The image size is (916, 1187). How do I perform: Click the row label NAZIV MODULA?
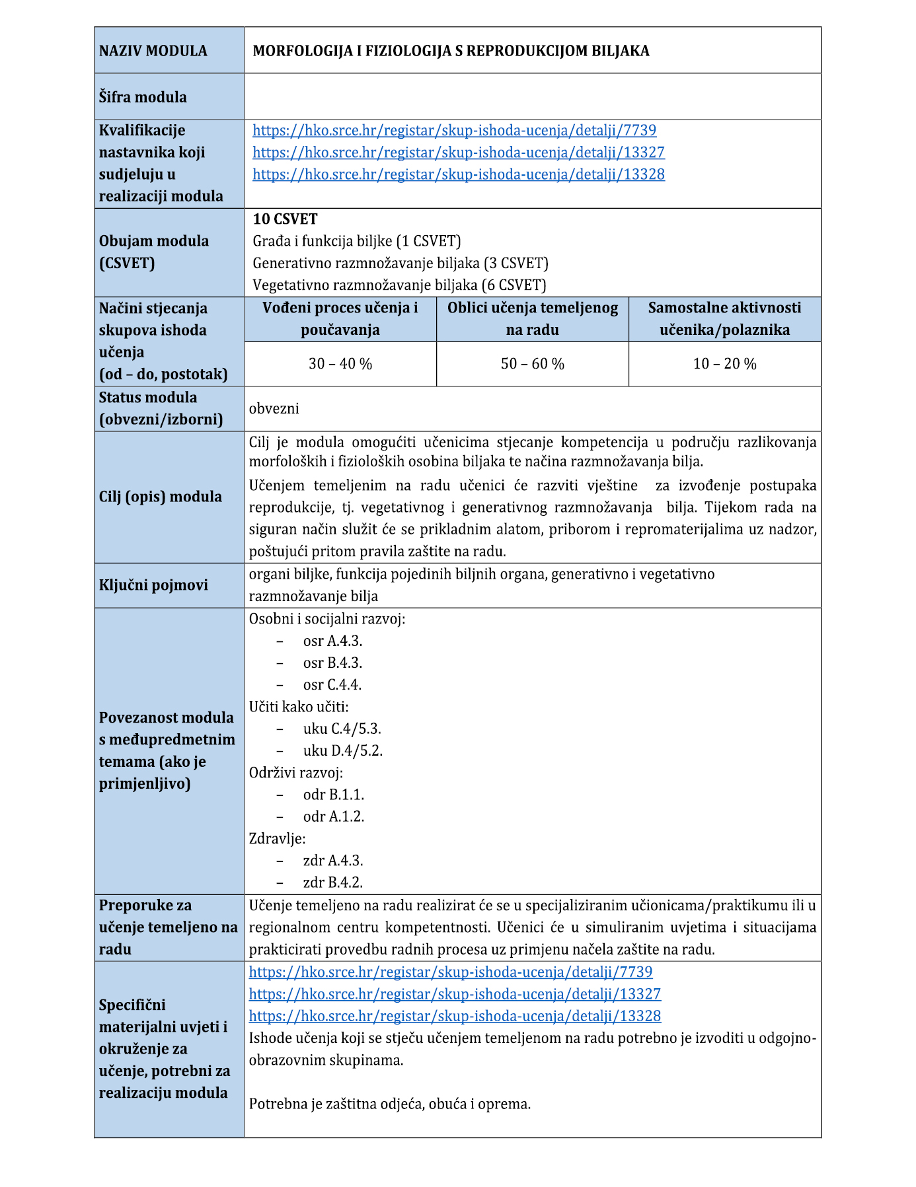point(153,51)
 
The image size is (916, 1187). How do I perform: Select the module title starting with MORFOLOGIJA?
point(451,51)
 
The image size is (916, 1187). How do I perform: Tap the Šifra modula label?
point(143,97)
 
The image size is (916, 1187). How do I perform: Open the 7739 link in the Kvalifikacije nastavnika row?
point(454,130)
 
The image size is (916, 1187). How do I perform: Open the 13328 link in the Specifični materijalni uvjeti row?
point(455,1016)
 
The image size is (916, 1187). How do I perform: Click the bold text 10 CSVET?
point(285,219)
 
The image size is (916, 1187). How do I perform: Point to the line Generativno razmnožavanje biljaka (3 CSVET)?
point(401,263)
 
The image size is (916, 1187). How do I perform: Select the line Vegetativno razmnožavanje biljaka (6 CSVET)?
point(399,285)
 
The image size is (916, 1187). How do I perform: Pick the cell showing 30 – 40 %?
point(340,364)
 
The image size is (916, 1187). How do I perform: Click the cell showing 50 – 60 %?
point(532,364)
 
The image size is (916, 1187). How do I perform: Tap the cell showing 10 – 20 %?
point(724,364)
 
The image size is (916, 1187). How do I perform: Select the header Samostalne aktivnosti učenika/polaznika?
point(724,318)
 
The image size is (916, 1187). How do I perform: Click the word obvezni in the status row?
point(274,408)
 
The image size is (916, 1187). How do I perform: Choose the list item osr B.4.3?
point(332,663)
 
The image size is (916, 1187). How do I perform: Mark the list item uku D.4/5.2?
point(342,750)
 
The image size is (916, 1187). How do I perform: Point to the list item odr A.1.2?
point(333,816)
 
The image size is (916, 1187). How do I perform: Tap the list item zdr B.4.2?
point(332,882)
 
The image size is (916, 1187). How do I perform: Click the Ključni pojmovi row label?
point(153,585)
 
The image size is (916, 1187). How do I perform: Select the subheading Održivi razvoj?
point(296,772)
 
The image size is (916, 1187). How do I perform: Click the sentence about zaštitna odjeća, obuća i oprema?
point(390,1104)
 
